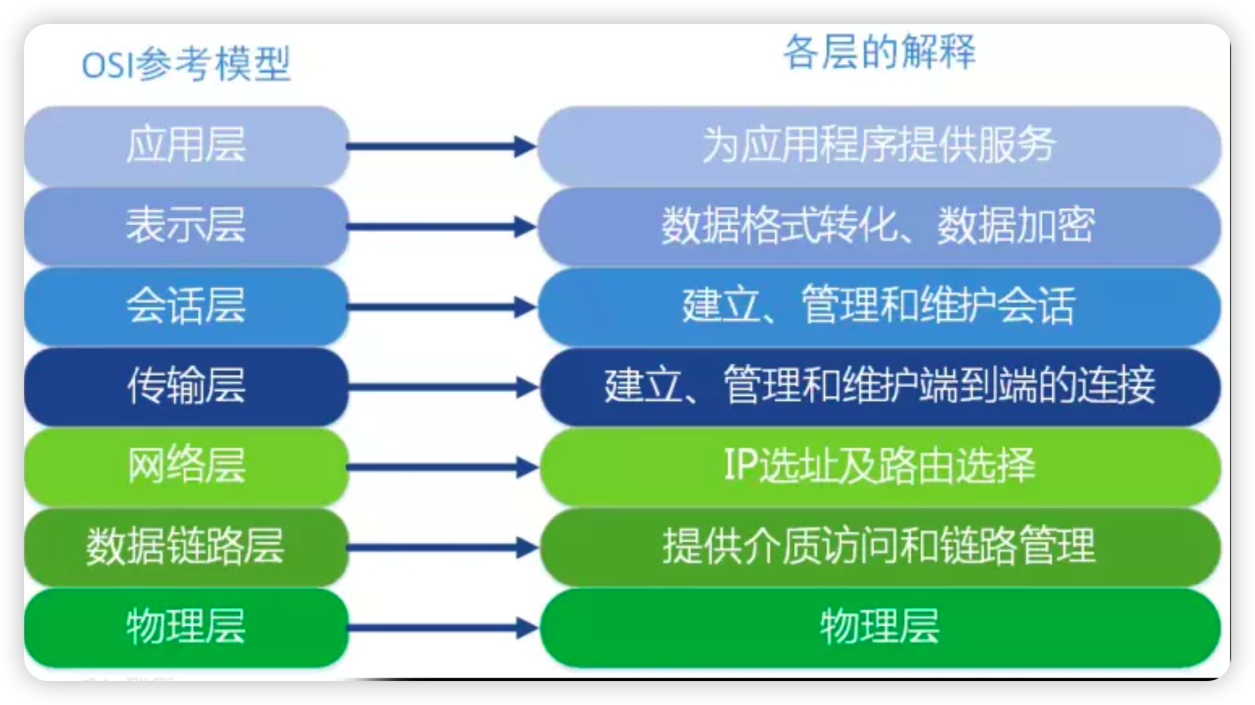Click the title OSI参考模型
click(x=186, y=65)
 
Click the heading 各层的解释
click(x=879, y=52)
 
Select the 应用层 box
click(x=186, y=145)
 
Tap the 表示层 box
click(x=186, y=226)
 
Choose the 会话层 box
click(x=186, y=306)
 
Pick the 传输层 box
click(x=186, y=386)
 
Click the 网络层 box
click(x=186, y=466)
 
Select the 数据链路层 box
click(x=186, y=547)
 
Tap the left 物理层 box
click(x=186, y=627)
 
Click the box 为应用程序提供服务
click(x=879, y=145)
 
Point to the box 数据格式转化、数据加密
click(x=879, y=226)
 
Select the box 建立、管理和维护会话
click(x=879, y=306)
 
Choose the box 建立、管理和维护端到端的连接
click(x=879, y=386)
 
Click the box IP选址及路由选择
click(x=879, y=466)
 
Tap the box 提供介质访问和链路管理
click(x=879, y=547)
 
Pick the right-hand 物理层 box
click(x=879, y=627)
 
